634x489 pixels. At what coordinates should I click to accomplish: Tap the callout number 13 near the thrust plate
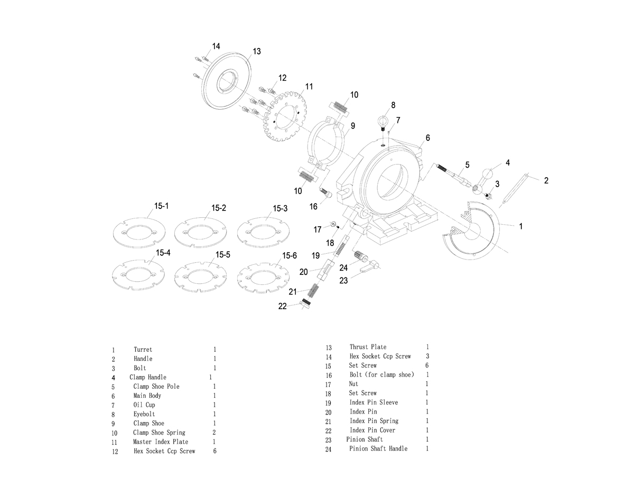pyautogui.click(x=257, y=52)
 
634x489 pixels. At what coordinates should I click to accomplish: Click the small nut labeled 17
pyautogui.click(x=333, y=224)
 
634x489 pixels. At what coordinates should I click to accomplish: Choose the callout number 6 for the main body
pyautogui.click(x=427, y=138)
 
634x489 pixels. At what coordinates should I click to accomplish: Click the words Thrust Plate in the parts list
pyautogui.click(x=368, y=347)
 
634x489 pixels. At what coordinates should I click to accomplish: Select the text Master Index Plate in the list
pyautogui.click(x=161, y=442)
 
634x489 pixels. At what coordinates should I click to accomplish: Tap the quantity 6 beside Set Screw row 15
pyautogui.click(x=427, y=366)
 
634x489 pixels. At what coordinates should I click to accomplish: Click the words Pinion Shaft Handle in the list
pyautogui.click(x=378, y=449)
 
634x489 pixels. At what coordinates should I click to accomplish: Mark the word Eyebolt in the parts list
pyautogui.click(x=144, y=415)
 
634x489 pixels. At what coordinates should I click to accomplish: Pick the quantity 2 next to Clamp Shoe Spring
pyautogui.click(x=214, y=433)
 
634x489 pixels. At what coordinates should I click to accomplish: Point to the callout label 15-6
pyautogui.click(x=290, y=256)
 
